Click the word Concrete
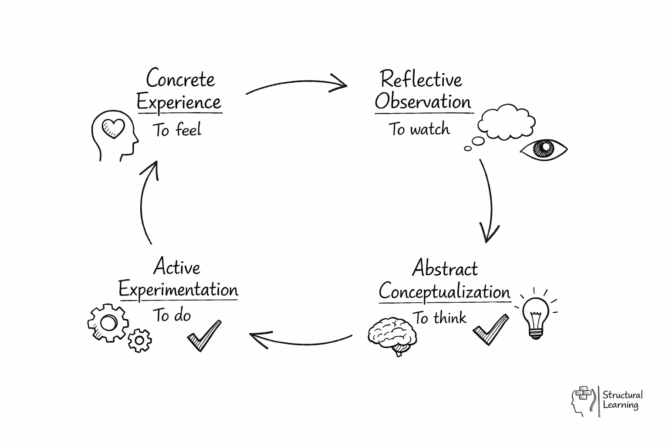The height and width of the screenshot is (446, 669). coord(180,79)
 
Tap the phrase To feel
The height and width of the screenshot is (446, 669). coord(177,130)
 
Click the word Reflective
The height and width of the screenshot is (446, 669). coord(421,80)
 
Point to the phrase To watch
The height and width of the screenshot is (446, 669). coord(419,129)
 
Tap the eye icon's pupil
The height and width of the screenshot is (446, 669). coord(543,149)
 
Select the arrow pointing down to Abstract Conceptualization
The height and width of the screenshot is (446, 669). coord(490,200)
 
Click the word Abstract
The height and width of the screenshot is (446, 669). coord(445,268)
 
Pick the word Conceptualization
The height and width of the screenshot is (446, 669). coord(444,291)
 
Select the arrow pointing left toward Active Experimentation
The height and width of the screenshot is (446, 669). coord(301,340)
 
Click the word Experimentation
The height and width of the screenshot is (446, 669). coord(178,290)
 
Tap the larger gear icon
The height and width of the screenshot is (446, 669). coord(108,323)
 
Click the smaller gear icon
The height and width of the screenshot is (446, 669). coord(140,340)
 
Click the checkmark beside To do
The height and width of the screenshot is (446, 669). coord(204,335)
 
